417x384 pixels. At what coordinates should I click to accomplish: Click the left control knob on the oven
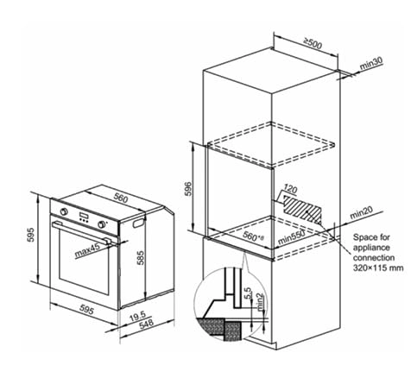[x=65, y=211]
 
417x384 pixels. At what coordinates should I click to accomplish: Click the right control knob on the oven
[x=101, y=224]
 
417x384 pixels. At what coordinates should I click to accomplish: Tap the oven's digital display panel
[x=84, y=216]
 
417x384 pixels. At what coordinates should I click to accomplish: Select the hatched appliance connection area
[x=302, y=209]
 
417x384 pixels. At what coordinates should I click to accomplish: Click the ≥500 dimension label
[x=313, y=43]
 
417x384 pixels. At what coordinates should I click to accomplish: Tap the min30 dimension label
[x=371, y=64]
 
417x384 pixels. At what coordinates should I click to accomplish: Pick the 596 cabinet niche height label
[x=188, y=188]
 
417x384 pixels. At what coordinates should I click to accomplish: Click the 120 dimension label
[x=290, y=189]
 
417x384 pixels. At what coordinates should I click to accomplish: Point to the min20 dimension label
[x=362, y=212]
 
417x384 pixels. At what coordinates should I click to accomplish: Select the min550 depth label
[x=291, y=238]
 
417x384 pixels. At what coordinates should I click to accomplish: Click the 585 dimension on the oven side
[x=140, y=258]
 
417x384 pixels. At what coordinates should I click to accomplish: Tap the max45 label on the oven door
[x=87, y=250]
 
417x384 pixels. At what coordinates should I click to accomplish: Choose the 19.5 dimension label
[x=137, y=317]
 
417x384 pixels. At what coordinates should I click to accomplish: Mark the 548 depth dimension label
[x=146, y=324]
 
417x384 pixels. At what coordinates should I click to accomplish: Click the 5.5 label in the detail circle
[x=248, y=293]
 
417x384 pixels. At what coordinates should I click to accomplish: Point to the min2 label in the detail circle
[x=260, y=302]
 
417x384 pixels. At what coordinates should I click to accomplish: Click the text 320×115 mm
[x=378, y=268]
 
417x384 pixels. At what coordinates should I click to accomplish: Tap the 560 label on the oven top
[x=121, y=198]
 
